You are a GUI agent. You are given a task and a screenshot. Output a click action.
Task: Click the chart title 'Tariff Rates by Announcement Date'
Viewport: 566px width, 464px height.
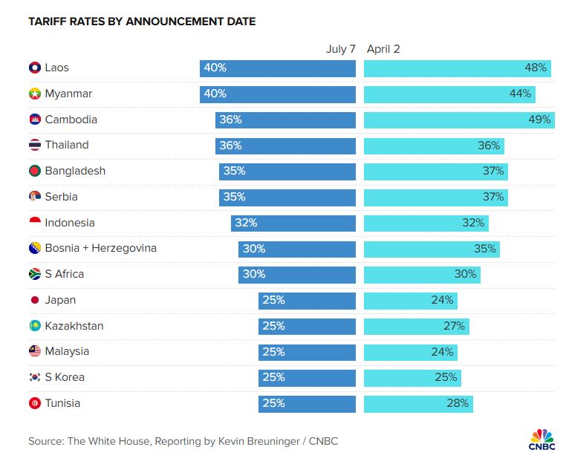tap(142, 22)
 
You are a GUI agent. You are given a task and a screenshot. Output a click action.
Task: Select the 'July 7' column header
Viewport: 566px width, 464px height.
tap(341, 49)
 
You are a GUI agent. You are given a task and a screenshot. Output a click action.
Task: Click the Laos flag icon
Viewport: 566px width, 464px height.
tap(34, 68)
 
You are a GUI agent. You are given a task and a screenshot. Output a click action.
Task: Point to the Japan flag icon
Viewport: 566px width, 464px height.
tap(34, 300)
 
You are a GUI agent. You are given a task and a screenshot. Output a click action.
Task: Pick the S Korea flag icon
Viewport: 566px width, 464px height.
tap(34, 377)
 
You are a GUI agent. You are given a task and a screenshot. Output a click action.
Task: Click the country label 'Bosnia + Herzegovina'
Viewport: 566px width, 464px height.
tap(100, 248)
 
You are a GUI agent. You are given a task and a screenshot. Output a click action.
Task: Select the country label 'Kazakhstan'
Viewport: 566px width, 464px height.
tap(74, 326)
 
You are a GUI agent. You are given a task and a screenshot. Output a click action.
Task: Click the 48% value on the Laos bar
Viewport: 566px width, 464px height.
tap(536, 68)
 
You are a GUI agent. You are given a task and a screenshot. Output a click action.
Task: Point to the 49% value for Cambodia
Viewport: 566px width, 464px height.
tap(539, 120)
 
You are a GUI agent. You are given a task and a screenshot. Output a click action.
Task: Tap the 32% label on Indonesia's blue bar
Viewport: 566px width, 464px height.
tap(246, 223)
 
